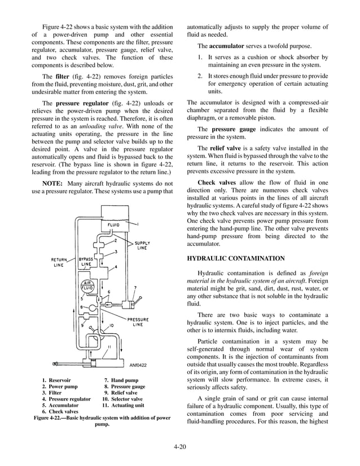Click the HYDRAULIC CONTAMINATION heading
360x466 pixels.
click(x=235, y=258)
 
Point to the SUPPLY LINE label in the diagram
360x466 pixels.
click(x=142, y=246)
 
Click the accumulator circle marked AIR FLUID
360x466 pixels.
click(x=89, y=285)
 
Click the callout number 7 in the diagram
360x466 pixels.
click(x=135, y=288)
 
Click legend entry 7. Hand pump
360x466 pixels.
click(x=121, y=380)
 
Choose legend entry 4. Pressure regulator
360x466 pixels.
click(x=65, y=399)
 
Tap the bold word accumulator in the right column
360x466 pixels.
click(x=227, y=45)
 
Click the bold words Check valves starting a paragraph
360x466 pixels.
click(x=215, y=183)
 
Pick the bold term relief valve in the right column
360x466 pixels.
click(x=225, y=147)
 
